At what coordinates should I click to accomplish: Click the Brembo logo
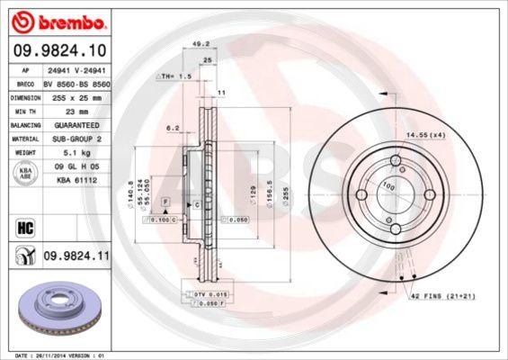pyautogui.click(x=56, y=20)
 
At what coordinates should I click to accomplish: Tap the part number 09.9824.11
pyautogui.click(x=76, y=256)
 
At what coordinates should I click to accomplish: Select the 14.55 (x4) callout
pyautogui.click(x=424, y=134)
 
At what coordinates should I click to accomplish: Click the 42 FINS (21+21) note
pyautogui.click(x=441, y=296)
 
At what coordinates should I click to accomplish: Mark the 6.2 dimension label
pyautogui.click(x=174, y=128)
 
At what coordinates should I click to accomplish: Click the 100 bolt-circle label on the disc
pyautogui.click(x=389, y=184)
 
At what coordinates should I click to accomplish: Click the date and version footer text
pyautogui.click(x=57, y=355)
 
